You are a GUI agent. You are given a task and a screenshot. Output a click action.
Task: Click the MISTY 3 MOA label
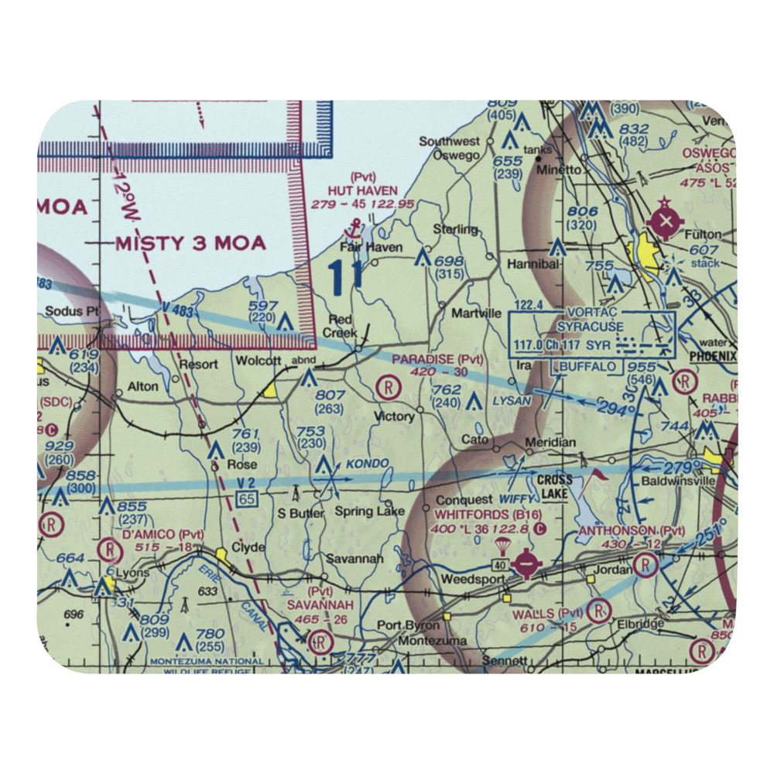(190, 243)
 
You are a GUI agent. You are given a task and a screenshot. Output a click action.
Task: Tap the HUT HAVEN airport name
(362, 190)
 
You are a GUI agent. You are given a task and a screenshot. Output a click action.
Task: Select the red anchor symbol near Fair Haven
(356, 228)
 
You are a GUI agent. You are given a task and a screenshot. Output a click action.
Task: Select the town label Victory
(394, 416)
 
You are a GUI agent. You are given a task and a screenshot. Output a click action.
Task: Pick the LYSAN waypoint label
(512, 400)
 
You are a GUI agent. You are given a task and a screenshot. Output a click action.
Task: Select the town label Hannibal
(533, 263)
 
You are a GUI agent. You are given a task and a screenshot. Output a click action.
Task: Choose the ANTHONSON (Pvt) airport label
(632, 531)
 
